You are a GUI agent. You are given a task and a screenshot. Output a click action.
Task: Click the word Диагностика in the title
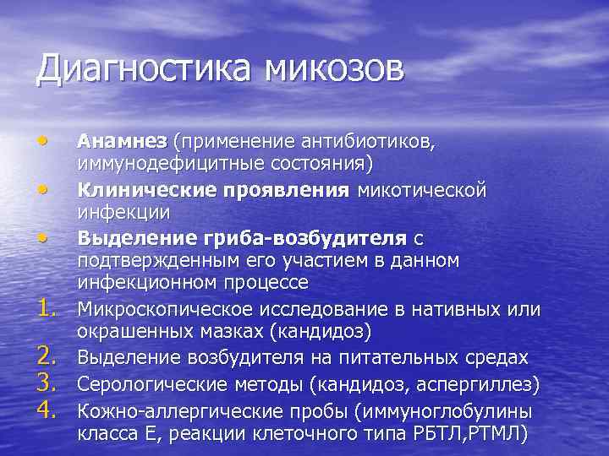[x=142, y=68]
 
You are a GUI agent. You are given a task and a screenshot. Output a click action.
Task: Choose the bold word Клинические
[x=140, y=190]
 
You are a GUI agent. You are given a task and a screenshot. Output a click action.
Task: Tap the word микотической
[x=422, y=190]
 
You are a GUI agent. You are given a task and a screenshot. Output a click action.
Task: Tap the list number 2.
[x=47, y=358]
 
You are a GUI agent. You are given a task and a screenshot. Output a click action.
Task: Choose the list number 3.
[x=47, y=385]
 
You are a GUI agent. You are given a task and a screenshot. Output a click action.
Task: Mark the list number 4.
[x=47, y=412]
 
